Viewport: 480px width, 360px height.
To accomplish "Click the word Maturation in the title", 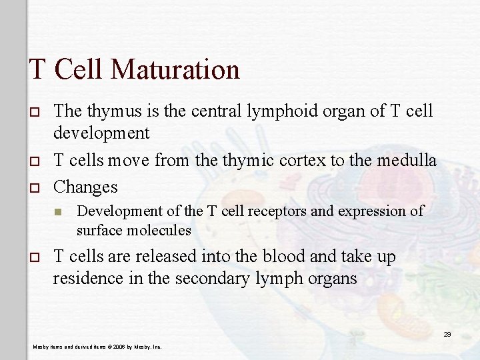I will pyautogui.click(x=179, y=69).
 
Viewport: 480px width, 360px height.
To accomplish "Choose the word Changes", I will pyautogui.click(x=85, y=186).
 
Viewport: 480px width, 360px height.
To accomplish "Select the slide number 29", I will pyautogui.click(x=447, y=334).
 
